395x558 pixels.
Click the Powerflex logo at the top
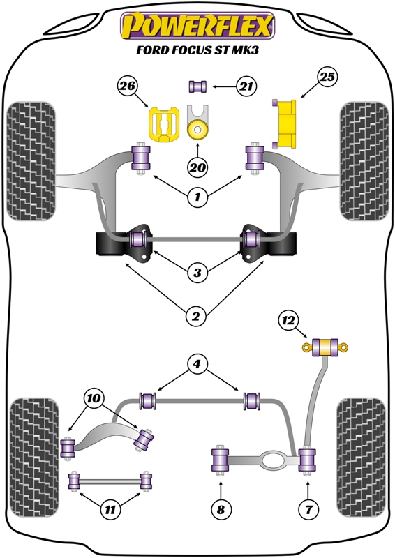pyautogui.click(x=198, y=26)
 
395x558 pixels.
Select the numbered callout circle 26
pyautogui.click(x=128, y=87)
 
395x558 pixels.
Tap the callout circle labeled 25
pyautogui.click(x=328, y=78)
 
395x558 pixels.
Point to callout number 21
pyautogui.click(x=245, y=86)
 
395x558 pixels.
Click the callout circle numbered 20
pyautogui.click(x=197, y=167)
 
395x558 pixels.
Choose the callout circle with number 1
pyautogui.click(x=197, y=197)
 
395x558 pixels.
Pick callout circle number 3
pyautogui.click(x=197, y=272)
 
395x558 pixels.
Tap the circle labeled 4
pyautogui.click(x=197, y=363)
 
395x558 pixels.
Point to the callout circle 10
pyautogui.click(x=92, y=400)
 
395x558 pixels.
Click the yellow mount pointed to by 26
pyautogui.click(x=163, y=124)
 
